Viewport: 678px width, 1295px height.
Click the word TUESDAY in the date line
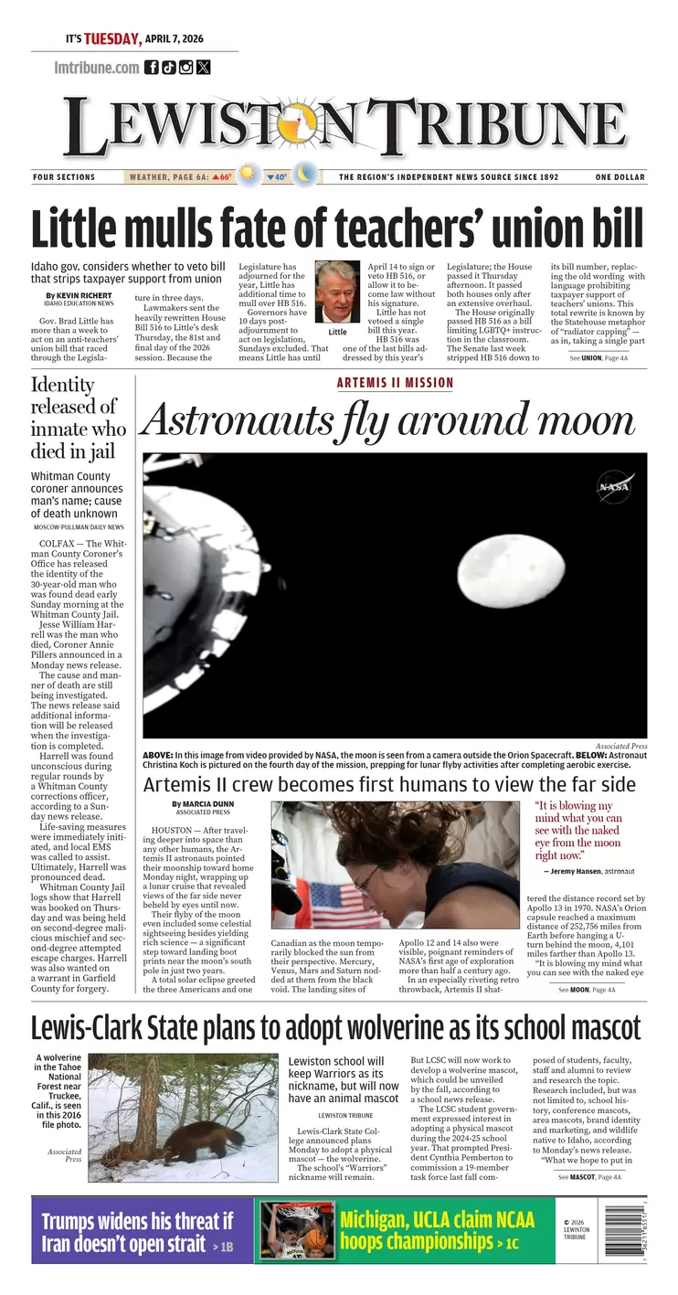click(113, 39)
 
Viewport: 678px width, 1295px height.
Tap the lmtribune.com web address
click(97, 67)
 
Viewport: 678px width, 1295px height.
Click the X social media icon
click(203, 67)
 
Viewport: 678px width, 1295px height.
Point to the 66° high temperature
click(222, 177)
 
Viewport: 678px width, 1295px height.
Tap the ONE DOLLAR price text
click(620, 177)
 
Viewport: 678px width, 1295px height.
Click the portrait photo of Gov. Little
click(337, 292)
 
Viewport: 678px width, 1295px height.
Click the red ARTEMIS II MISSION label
click(395, 383)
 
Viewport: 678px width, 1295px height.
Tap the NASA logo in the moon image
click(615, 487)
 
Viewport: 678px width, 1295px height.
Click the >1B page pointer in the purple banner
click(222, 1247)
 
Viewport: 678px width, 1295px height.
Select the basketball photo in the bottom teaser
click(295, 1230)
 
